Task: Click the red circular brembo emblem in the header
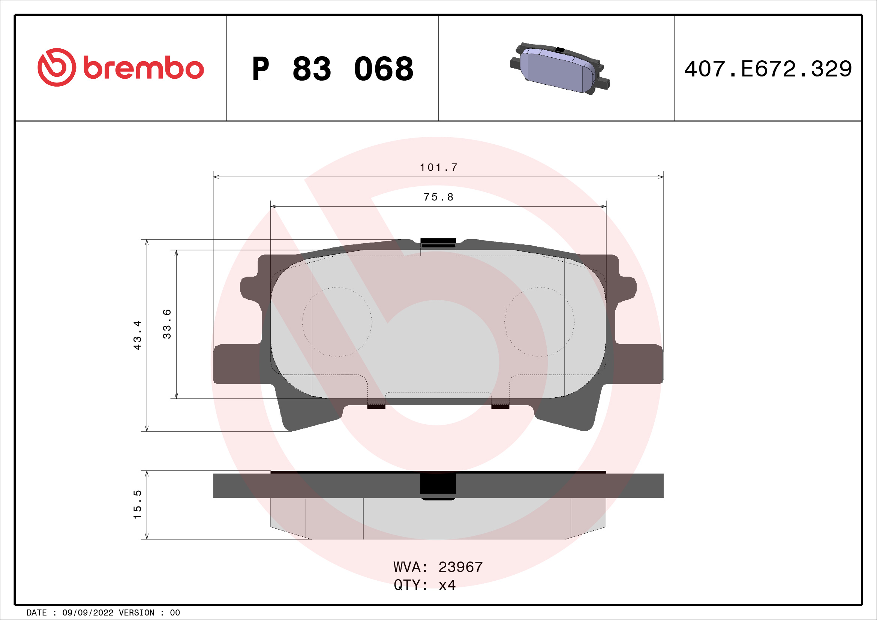(57, 67)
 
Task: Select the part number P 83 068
(333, 69)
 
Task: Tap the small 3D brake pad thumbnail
(559, 69)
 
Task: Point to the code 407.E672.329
(768, 69)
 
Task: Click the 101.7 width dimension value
(439, 167)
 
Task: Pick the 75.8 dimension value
(439, 197)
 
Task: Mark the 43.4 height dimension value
(138, 335)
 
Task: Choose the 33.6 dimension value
(167, 324)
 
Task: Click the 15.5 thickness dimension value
(138, 504)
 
